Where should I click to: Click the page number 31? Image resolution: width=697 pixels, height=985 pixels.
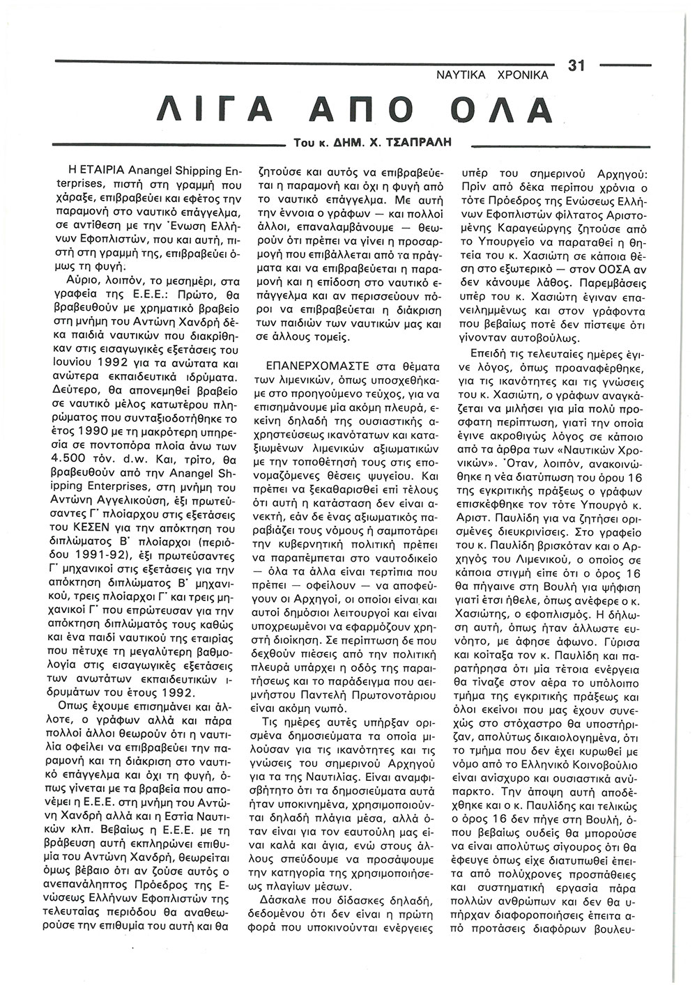coord(576,65)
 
